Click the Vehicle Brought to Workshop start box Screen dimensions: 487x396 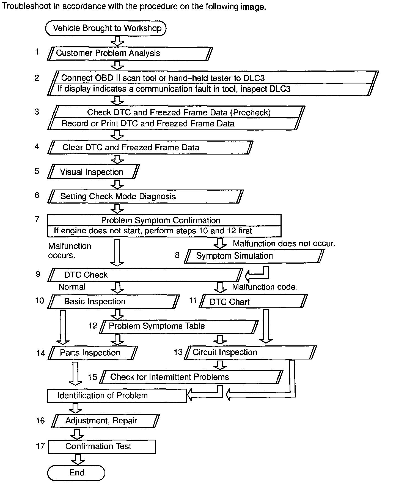[x=106, y=28]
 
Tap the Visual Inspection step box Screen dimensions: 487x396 [x=94, y=172]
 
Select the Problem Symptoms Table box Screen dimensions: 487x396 [x=179, y=326]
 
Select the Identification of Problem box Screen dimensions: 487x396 [x=117, y=396]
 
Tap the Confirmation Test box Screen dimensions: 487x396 [x=102, y=447]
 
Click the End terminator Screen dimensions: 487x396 [x=76, y=473]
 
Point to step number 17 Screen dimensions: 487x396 [x=40, y=446]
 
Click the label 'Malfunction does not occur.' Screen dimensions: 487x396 [x=284, y=244]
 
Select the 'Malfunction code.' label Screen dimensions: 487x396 [x=265, y=287]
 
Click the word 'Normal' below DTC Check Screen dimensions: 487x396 [x=72, y=287]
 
